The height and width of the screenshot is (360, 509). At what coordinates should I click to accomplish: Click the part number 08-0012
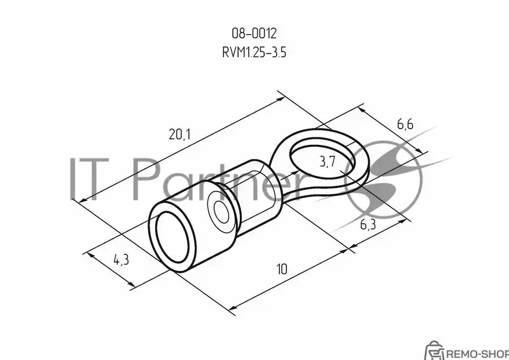click(254, 34)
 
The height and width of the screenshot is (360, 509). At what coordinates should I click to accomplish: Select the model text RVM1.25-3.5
click(254, 52)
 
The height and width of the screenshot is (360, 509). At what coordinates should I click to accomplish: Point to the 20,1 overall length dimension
click(180, 134)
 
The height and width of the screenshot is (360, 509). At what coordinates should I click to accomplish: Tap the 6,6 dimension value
click(405, 124)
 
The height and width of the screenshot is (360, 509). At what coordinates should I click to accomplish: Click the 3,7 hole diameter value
click(328, 162)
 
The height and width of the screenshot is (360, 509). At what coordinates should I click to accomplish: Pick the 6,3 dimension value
click(368, 224)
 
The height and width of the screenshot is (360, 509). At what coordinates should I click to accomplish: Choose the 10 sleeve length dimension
click(282, 269)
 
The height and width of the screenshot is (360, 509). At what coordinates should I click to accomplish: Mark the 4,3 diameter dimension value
click(121, 259)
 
